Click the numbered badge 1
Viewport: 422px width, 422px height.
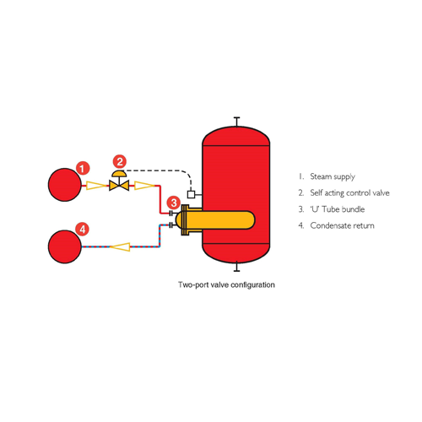(83, 168)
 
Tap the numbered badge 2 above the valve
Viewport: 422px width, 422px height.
(120, 161)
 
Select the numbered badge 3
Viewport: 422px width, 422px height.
(174, 203)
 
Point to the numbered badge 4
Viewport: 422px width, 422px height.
(82, 230)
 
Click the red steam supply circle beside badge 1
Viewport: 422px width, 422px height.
(65, 185)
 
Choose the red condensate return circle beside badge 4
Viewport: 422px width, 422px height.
(65, 246)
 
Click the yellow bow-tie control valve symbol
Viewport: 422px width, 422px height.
(119, 186)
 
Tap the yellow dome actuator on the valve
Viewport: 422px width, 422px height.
(119, 173)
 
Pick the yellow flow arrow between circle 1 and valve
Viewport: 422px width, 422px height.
(97, 186)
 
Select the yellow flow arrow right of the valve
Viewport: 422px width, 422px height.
(145, 186)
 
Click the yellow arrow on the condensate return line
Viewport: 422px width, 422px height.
(120, 246)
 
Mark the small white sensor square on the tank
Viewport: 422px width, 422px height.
(191, 194)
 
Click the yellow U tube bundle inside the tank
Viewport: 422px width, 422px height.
(218, 220)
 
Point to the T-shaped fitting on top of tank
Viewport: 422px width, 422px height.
(237, 122)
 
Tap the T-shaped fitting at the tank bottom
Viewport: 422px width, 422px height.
(237, 267)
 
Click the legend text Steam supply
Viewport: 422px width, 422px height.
(333, 177)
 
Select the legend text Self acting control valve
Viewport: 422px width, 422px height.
(349, 193)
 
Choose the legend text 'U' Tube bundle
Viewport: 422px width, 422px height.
(338, 209)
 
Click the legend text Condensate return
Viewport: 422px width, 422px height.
(342, 225)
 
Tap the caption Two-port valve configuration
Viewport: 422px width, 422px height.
(226, 284)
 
